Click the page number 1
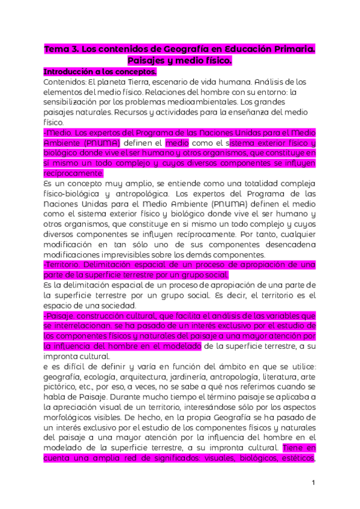coord(314,483)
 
